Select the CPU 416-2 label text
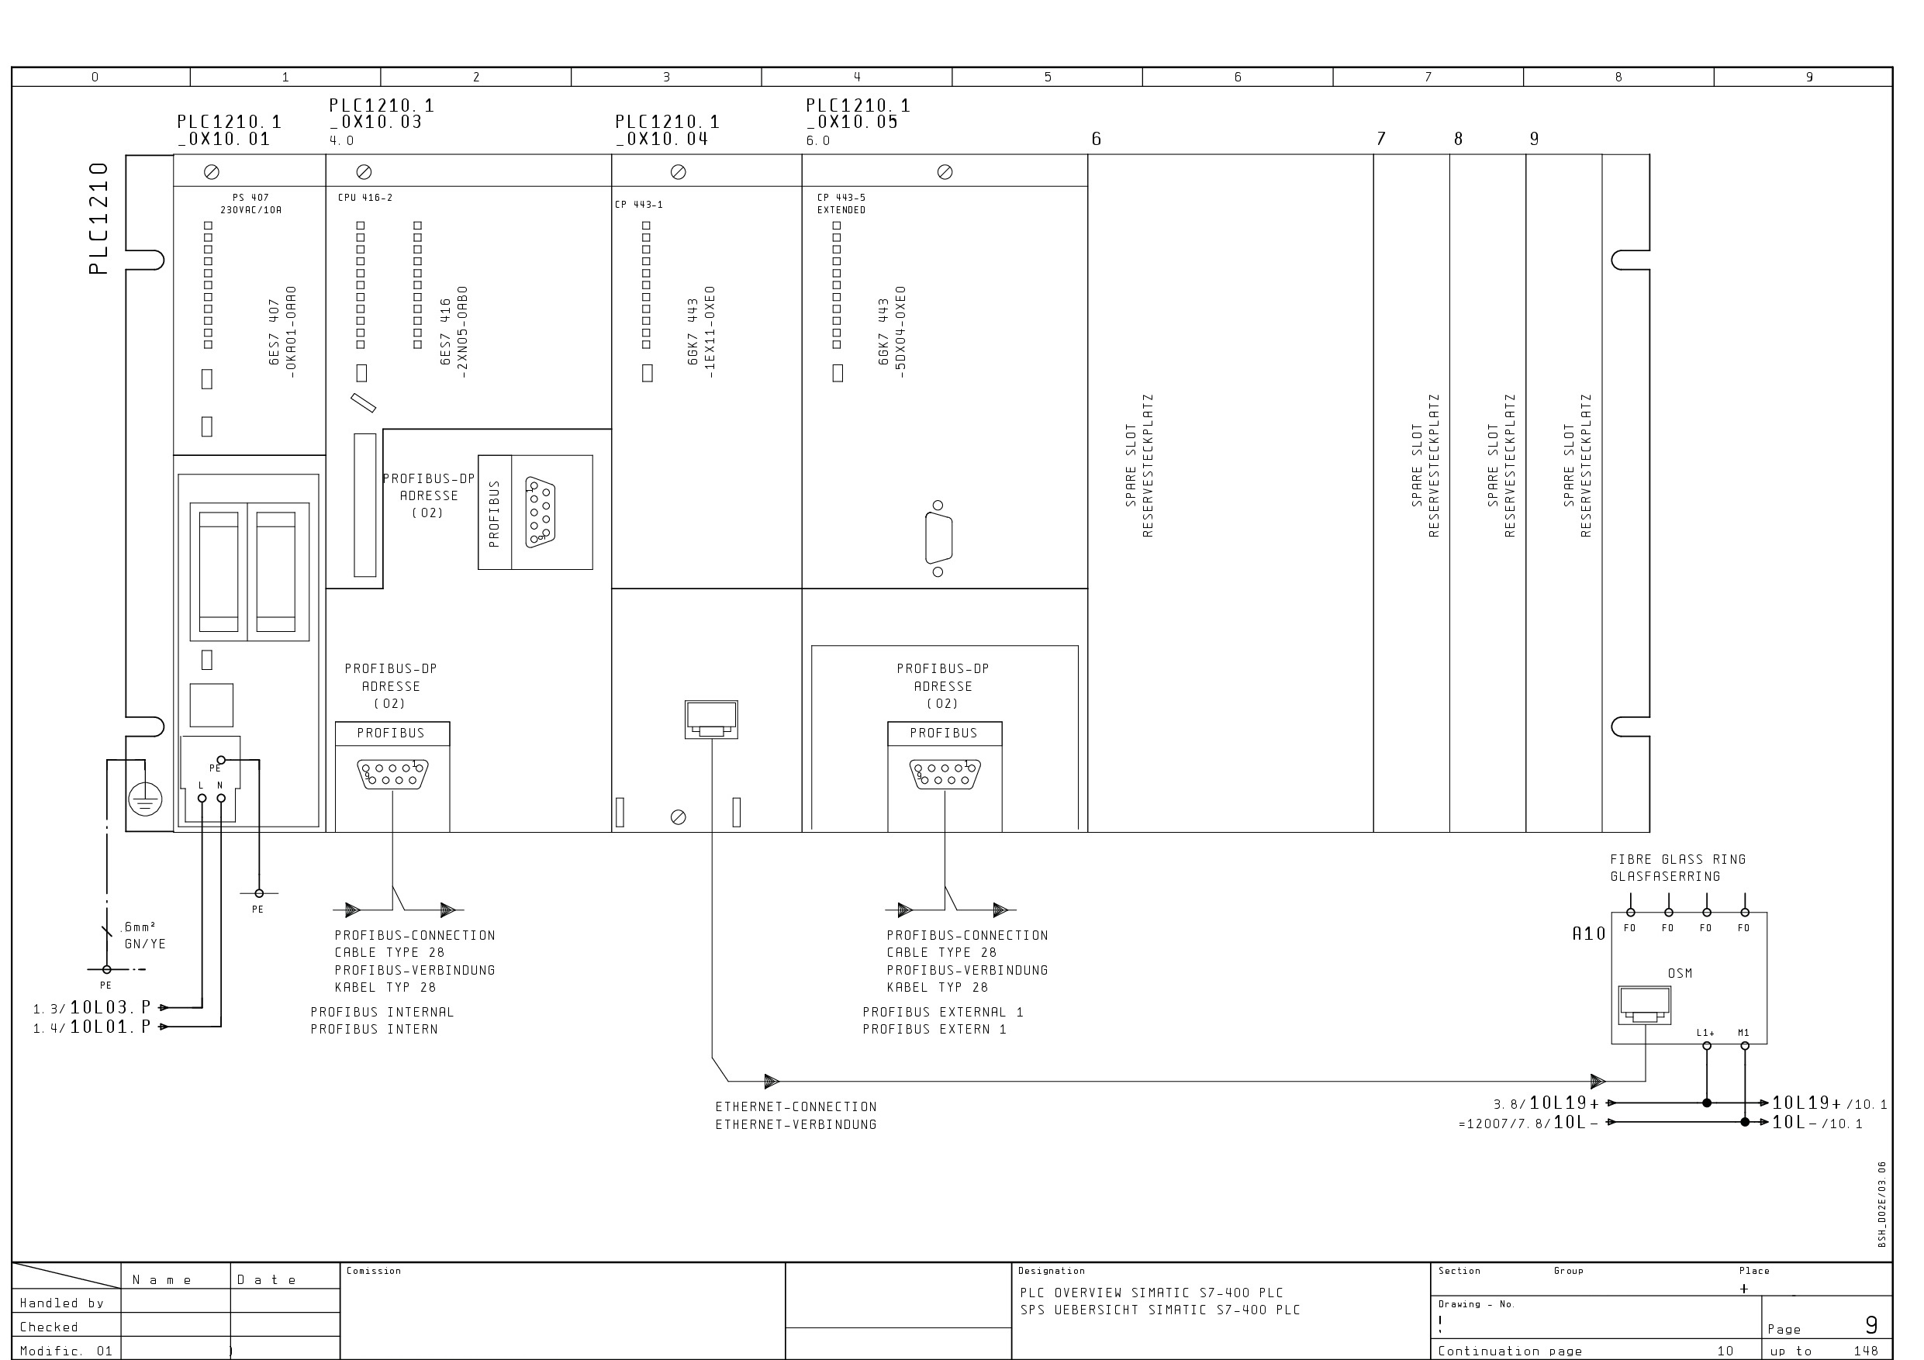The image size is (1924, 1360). (364, 198)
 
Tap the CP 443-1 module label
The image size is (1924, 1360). (638, 205)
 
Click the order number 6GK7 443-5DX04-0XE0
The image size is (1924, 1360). (892, 332)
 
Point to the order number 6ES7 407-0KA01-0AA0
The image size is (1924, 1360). (282, 332)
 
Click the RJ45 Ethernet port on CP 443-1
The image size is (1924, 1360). (711, 720)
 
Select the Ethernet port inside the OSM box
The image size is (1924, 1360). (1644, 1005)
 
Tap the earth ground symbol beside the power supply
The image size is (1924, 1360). (145, 799)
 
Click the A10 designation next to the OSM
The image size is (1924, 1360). (1588, 934)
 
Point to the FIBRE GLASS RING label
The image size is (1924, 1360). (1677, 859)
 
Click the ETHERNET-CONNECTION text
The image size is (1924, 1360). (796, 1107)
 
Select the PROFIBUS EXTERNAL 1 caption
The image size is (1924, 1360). (943, 1013)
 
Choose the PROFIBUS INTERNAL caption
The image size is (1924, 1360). (382, 1013)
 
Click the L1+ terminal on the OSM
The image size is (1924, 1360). (1707, 1046)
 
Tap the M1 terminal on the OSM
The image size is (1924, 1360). (1745, 1046)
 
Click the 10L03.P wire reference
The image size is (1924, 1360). (111, 1007)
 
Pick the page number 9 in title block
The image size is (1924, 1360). (1871, 1325)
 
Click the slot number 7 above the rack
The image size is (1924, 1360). (1381, 138)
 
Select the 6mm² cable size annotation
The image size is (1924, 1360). (139, 927)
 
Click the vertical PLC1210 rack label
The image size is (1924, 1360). (99, 219)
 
